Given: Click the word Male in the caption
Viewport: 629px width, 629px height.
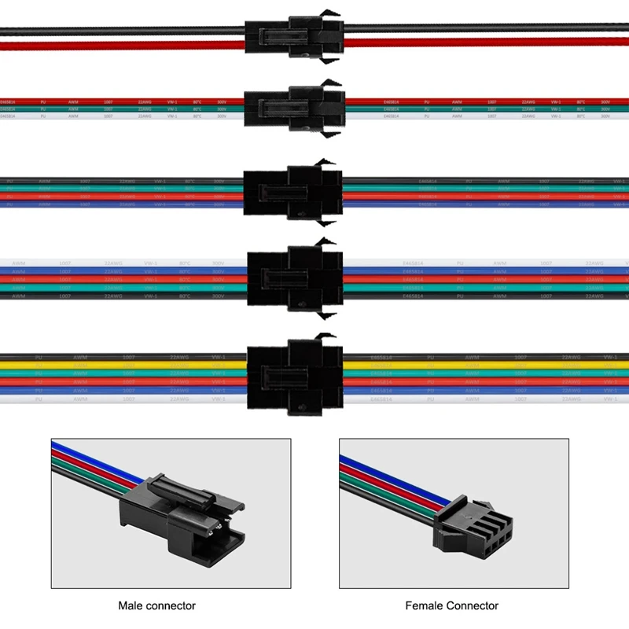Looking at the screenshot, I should [x=132, y=605].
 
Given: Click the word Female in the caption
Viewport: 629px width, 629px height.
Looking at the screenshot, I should [x=425, y=605].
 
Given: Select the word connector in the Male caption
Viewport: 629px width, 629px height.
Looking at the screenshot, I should [x=172, y=605].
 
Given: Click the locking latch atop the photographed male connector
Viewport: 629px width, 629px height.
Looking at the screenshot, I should [x=181, y=491].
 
